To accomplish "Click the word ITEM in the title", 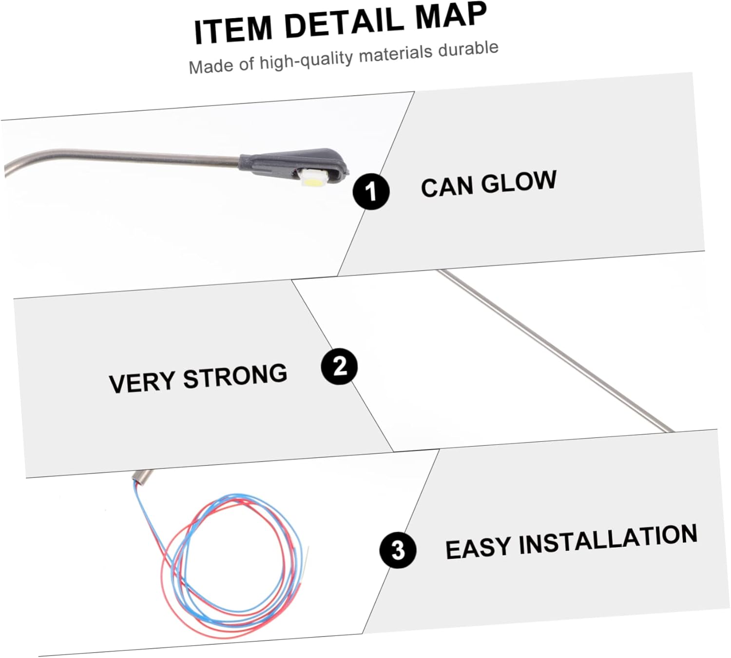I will point(233,30).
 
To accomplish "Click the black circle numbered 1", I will point(371,191).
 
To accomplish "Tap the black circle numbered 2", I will point(340,366).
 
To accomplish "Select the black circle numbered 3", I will point(398,550).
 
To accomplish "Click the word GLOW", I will point(519,182).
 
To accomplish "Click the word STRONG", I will point(235,376).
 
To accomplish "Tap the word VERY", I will point(142,382).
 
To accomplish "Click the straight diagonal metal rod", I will point(556,351).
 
